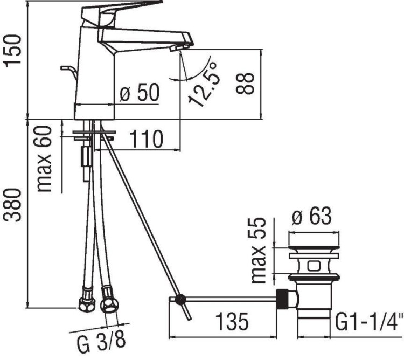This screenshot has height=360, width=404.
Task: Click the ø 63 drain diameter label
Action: (x=311, y=218)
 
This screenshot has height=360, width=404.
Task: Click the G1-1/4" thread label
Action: (x=369, y=323)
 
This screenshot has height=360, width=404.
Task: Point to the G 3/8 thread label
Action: (x=100, y=343)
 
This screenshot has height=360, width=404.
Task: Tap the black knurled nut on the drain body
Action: (x=281, y=297)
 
